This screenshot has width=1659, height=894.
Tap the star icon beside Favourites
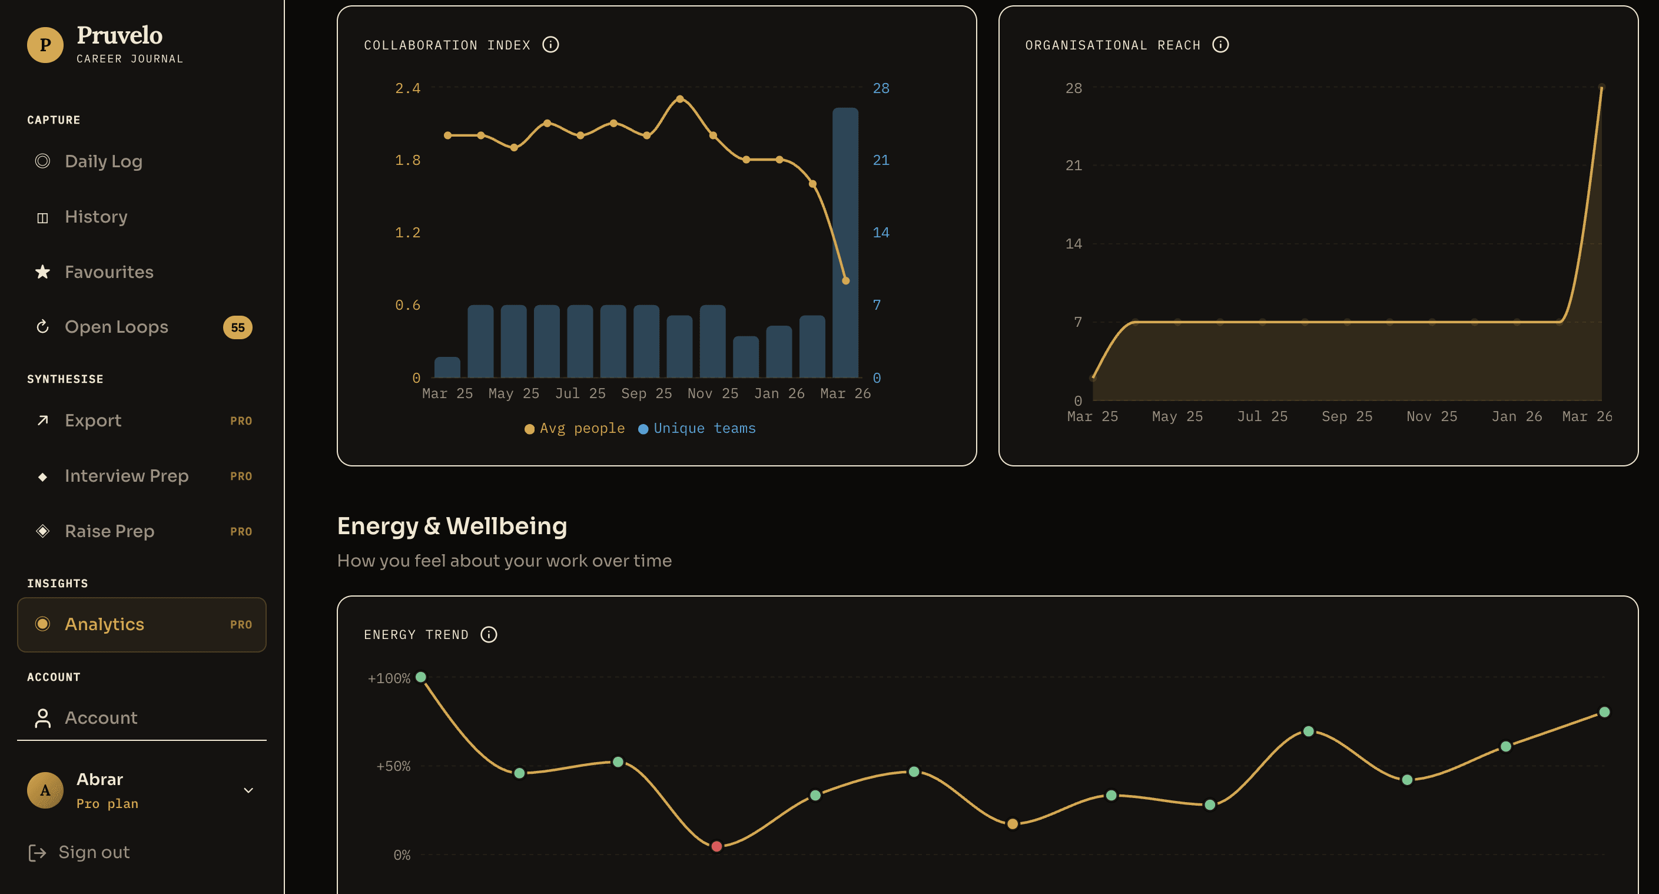coord(42,272)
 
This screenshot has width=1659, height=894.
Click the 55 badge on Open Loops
coord(237,327)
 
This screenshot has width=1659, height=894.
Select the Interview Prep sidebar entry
coord(126,476)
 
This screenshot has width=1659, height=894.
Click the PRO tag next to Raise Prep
coord(241,531)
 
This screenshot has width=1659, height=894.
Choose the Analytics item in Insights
coord(104,624)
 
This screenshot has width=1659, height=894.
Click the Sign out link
coord(94,852)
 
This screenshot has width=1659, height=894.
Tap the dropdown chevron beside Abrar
coord(248,790)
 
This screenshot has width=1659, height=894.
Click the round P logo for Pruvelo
coord(45,45)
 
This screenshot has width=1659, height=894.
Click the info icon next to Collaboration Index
coord(550,44)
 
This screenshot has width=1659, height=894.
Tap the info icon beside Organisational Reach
coord(1220,44)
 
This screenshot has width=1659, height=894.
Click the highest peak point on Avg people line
coord(679,99)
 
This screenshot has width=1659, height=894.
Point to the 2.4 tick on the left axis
coord(407,88)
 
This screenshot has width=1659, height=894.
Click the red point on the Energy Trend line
coord(716,846)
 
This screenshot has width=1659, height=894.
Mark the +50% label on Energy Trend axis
coord(393,766)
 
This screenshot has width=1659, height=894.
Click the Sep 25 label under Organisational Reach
coord(1346,417)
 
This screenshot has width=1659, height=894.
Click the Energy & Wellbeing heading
coord(452,527)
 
